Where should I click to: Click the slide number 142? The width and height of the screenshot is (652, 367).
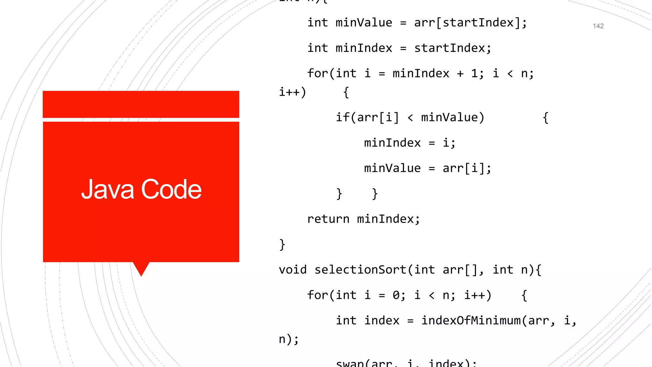pos(598,26)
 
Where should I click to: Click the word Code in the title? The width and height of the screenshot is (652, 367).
pos(171,190)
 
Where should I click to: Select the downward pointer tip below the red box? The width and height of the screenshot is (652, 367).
pos(141,272)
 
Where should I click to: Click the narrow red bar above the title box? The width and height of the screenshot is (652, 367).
pos(141,104)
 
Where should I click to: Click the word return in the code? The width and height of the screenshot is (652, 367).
pos(328,219)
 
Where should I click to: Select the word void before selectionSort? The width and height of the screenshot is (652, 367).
pos(293,270)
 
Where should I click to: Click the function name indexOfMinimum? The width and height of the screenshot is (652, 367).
pos(471,320)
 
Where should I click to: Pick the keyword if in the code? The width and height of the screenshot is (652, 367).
pos(343,118)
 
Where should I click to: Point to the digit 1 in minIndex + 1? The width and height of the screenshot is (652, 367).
pos(474,74)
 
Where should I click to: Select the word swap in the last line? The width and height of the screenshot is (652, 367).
pos(350,363)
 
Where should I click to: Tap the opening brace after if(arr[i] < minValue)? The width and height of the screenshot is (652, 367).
pos(545,118)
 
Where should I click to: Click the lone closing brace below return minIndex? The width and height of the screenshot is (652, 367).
pos(282,245)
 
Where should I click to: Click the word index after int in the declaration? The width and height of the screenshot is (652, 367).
pos(381,320)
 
